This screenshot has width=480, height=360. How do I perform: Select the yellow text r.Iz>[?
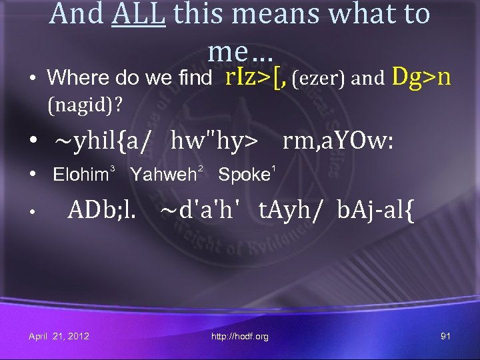(x=256, y=77)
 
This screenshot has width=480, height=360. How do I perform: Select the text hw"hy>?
(x=213, y=141)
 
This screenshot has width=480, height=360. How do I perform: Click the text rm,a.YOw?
(x=338, y=141)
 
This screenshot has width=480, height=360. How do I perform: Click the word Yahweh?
(x=162, y=175)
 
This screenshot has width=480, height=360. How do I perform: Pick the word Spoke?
(x=243, y=175)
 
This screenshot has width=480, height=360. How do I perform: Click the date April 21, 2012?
(x=59, y=336)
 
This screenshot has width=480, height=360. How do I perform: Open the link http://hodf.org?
(x=240, y=337)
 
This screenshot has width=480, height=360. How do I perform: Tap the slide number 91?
(x=445, y=336)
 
